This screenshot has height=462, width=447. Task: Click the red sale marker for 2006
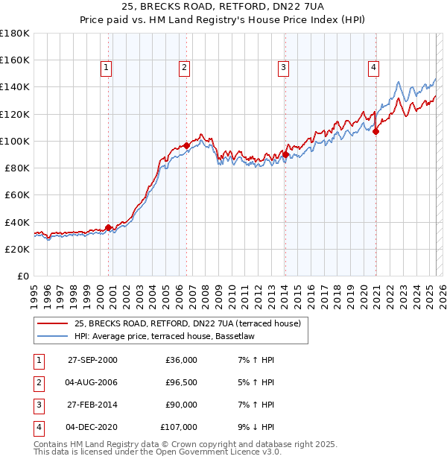(x=186, y=146)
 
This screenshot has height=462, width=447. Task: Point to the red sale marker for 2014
(x=285, y=154)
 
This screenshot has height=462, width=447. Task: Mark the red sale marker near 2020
(x=375, y=132)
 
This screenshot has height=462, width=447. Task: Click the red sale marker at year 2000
(x=109, y=227)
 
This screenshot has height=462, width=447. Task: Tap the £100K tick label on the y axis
(x=15, y=141)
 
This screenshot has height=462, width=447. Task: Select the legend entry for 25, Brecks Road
(x=187, y=324)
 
